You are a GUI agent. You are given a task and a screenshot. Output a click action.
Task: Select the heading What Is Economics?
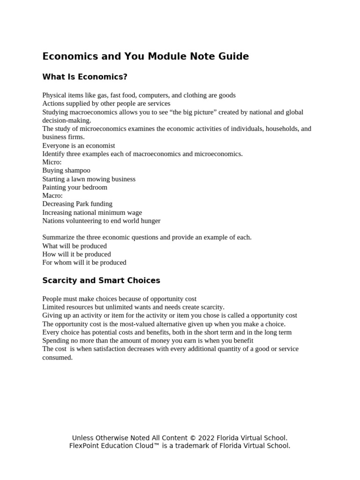(x=85, y=77)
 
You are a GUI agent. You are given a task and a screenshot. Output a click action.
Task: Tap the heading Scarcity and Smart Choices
(x=101, y=281)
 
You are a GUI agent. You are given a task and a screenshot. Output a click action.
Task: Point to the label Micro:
(x=52, y=162)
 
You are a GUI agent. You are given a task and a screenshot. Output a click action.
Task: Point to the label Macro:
(x=52, y=195)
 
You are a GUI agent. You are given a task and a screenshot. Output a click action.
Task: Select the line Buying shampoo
(x=66, y=171)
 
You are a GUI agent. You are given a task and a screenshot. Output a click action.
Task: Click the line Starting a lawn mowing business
(x=89, y=179)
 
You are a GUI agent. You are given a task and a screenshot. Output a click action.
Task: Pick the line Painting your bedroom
(x=75, y=187)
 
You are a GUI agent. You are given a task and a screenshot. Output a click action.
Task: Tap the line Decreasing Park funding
(x=77, y=204)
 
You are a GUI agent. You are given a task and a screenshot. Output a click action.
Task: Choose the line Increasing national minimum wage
(x=92, y=212)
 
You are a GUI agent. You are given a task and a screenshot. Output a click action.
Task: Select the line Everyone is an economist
(x=78, y=146)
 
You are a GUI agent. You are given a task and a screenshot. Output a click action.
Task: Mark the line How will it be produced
(x=76, y=254)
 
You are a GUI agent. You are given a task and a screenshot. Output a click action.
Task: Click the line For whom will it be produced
(x=84, y=262)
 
